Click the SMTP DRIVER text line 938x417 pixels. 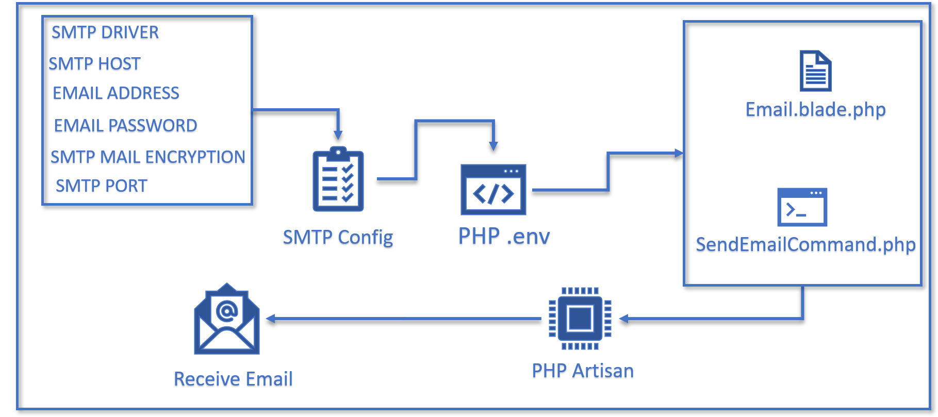(x=105, y=34)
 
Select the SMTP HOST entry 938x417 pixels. (x=94, y=65)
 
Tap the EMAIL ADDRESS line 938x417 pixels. (x=116, y=93)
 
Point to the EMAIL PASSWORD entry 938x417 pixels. (x=125, y=126)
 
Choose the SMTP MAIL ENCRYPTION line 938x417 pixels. (x=147, y=158)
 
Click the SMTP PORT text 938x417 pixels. (x=102, y=186)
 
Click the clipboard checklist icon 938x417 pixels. (x=338, y=180)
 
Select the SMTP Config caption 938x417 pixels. (x=338, y=238)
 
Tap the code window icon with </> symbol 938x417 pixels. (x=493, y=190)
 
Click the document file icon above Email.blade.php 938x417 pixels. (x=815, y=71)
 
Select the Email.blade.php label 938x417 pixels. (x=815, y=110)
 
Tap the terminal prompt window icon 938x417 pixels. (x=802, y=207)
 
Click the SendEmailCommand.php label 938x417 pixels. (x=805, y=245)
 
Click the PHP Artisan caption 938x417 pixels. (x=583, y=372)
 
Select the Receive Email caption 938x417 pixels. (x=233, y=380)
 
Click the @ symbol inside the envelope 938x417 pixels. (x=227, y=310)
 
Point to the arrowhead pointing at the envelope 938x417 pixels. (x=270, y=319)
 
